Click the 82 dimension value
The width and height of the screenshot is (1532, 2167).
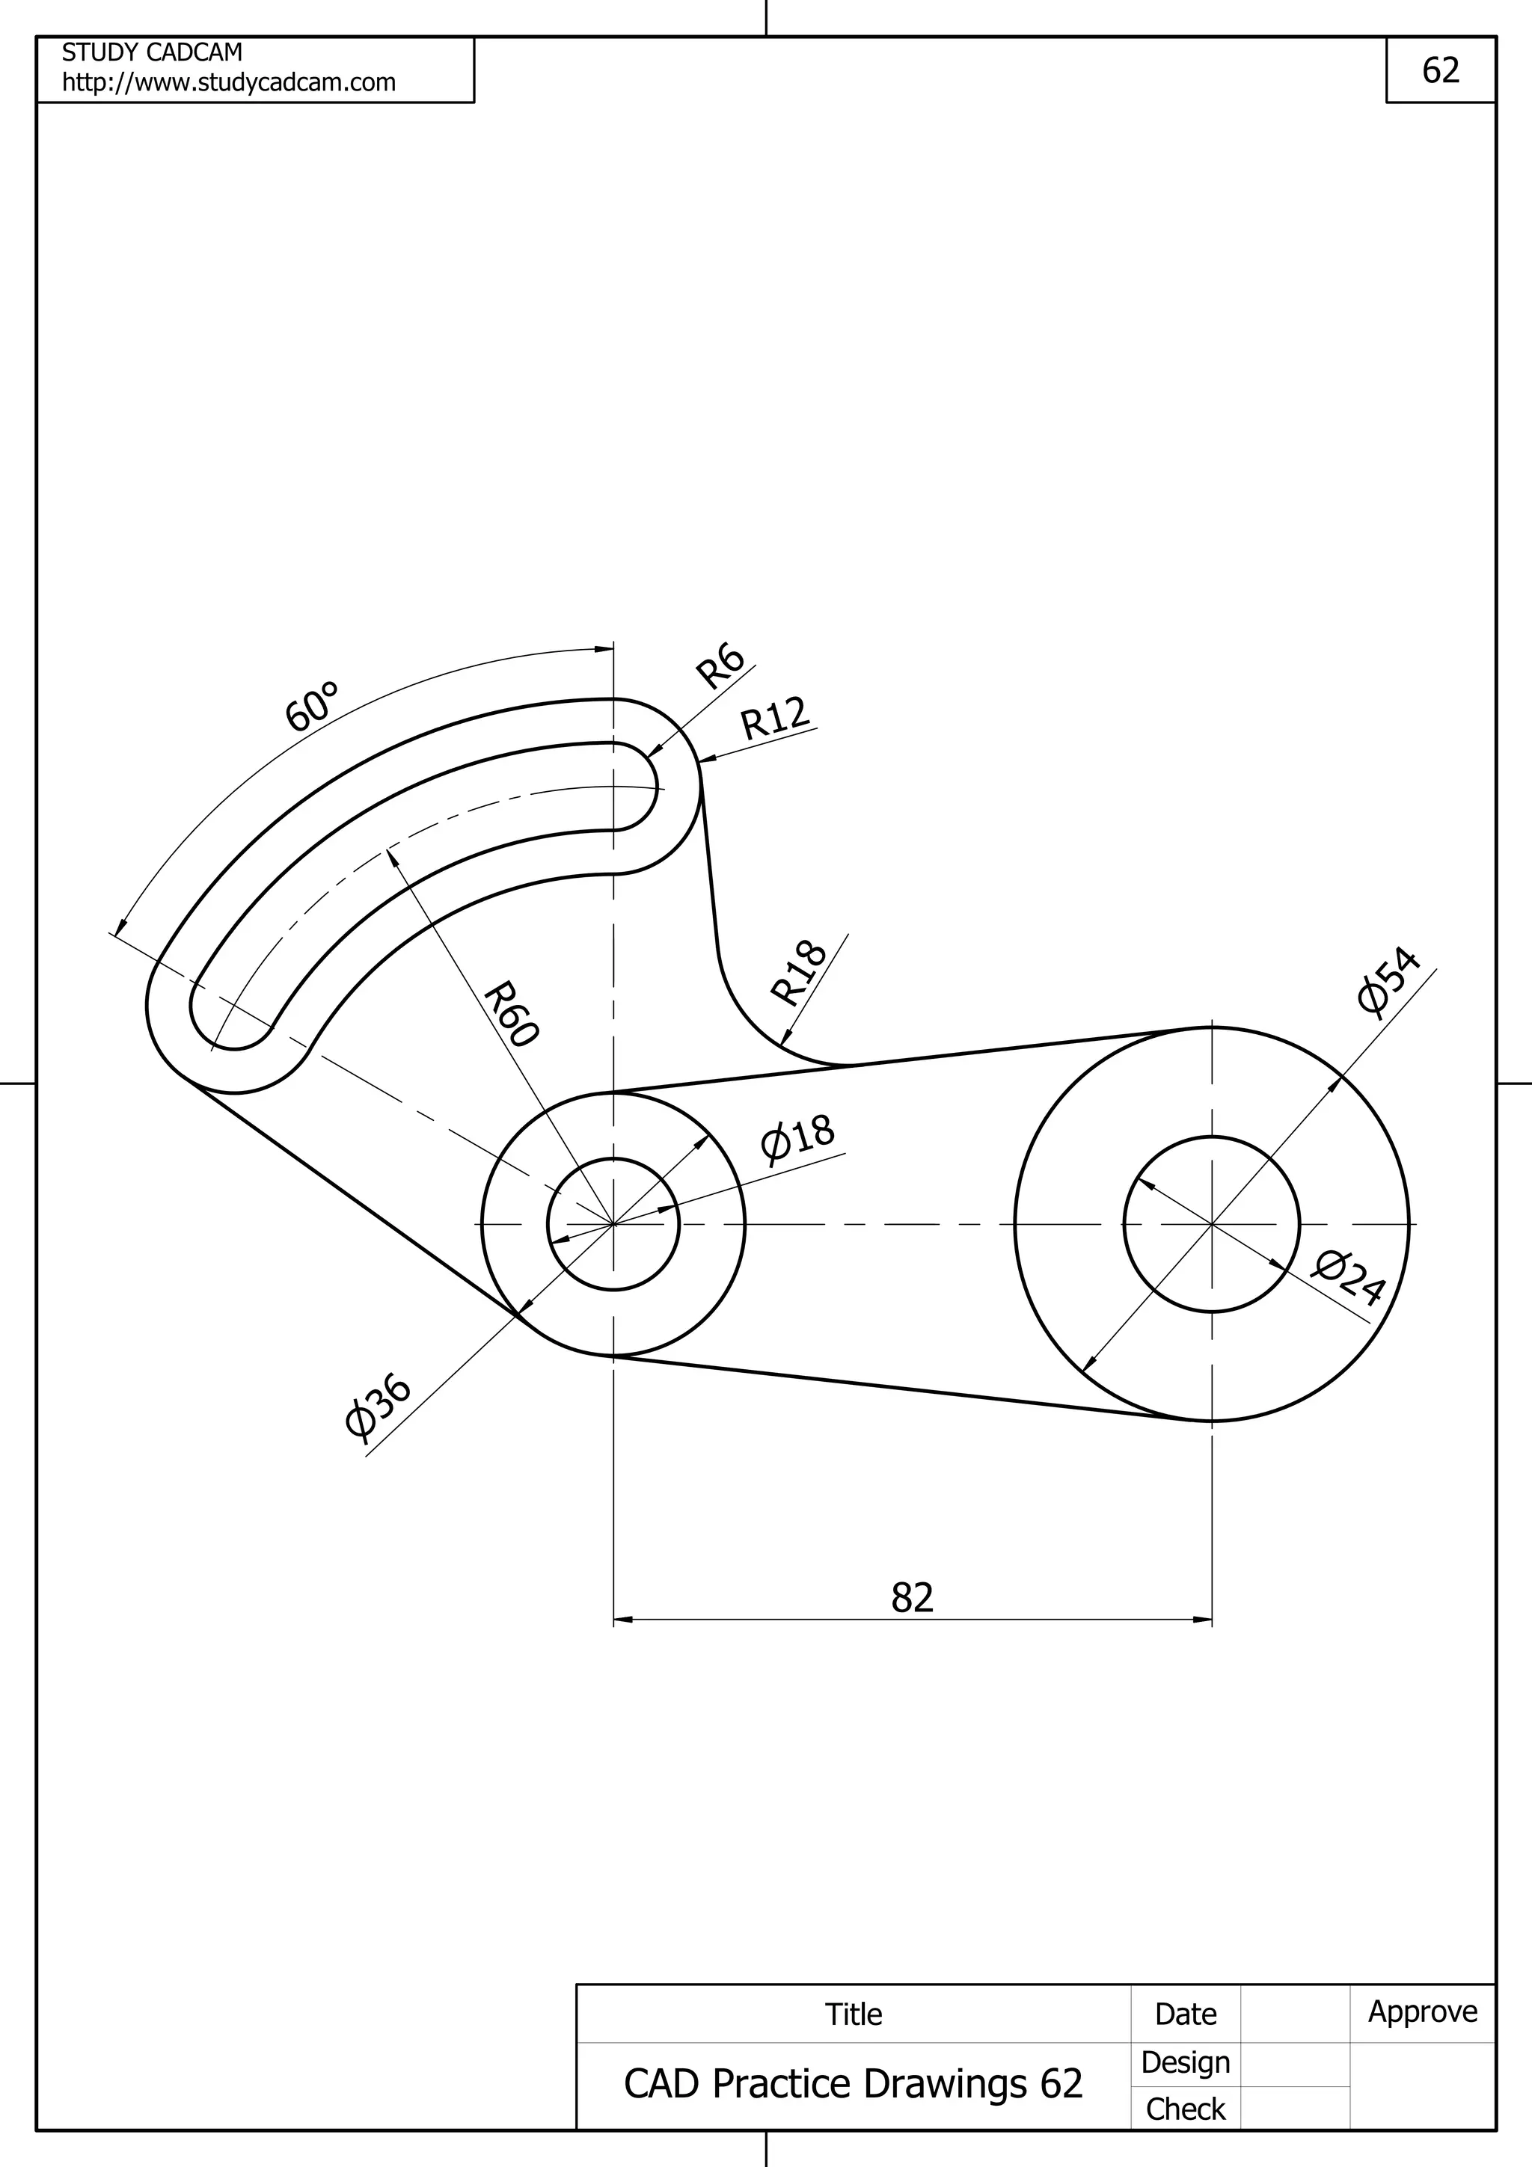tap(912, 1597)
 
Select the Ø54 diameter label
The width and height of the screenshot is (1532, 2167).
tap(1389, 982)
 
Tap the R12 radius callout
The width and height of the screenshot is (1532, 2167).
tap(775, 719)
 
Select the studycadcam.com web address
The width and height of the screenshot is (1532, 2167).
tap(228, 83)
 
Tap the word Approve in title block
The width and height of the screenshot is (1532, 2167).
tap(1423, 2011)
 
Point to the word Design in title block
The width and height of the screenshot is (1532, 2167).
tap(1185, 2062)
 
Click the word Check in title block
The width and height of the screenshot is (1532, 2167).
tap(1185, 2109)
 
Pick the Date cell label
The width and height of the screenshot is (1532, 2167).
tap(1185, 2014)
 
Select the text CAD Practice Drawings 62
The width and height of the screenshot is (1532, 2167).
tap(854, 2084)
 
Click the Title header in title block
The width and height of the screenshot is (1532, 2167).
tap(854, 2014)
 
